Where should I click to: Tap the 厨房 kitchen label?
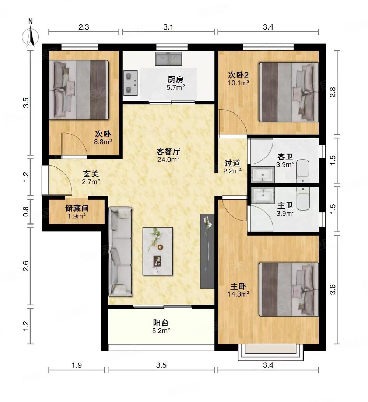175,83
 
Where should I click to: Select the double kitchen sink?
169,59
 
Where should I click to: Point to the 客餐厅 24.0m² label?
168,155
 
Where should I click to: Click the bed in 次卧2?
288,92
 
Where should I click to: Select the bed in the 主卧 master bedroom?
288,289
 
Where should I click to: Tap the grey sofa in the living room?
120,251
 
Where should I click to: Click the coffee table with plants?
158,251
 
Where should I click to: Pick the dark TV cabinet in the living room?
207,251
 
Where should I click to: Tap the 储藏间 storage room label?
77,212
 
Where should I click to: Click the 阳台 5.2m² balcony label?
161,327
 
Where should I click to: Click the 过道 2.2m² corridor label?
232,166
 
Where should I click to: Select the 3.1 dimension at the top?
168,27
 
